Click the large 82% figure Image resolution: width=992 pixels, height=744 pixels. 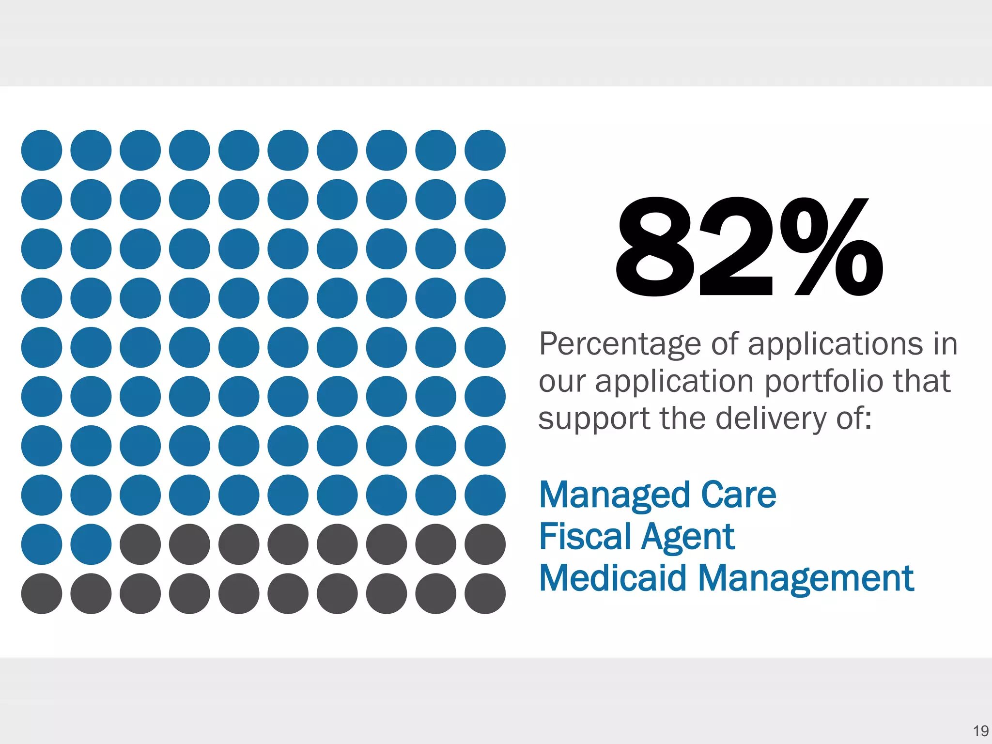(x=748, y=247)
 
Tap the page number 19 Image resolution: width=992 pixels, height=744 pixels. (x=980, y=731)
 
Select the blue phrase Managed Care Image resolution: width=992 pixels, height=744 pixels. (x=657, y=495)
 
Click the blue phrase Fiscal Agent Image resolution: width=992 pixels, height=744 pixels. (x=636, y=537)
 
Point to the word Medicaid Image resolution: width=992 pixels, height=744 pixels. (x=613, y=578)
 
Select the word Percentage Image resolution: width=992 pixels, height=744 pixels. (x=620, y=345)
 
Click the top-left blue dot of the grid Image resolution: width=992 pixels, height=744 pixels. (x=42, y=150)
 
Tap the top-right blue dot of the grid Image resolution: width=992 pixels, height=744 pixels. (x=485, y=150)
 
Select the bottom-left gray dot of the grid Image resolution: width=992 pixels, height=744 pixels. (x=42, y=593)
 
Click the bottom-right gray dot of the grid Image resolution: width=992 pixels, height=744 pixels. (x=485, y=593)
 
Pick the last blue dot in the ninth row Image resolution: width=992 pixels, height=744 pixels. (x=91, y=544)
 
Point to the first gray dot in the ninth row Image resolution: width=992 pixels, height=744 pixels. (x=140, y=544)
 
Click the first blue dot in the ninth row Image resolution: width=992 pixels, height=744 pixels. (x=42, y=544)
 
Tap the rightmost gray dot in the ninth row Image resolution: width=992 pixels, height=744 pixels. (x=485, y=544)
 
